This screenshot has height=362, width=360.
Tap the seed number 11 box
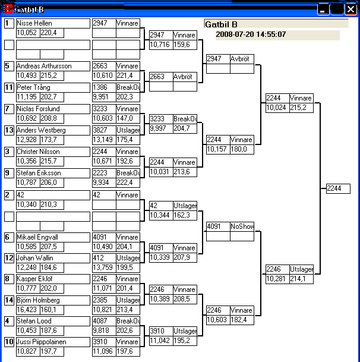(9, 87)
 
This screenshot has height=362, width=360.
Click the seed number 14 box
(9, 300)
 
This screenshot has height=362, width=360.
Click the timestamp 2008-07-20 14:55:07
(251, 34)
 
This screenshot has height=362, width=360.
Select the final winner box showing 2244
(337, 188)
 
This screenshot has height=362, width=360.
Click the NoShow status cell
(242, 226)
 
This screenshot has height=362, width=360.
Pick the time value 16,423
(27, 310)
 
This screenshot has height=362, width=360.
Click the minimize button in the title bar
(323, 9)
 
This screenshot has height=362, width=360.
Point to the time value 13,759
(103, 267)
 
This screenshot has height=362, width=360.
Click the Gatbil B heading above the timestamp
(221, 24)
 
